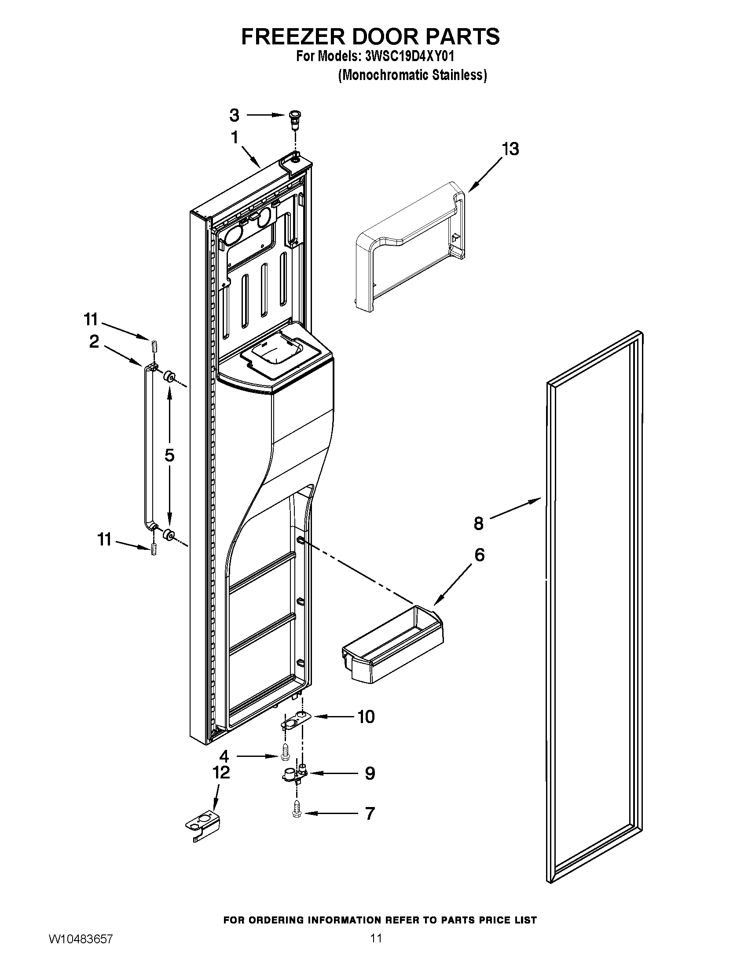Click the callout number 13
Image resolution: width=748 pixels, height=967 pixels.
[510, 149]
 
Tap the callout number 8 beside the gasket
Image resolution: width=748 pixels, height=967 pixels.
[478, 523]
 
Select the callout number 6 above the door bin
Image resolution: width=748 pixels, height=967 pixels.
[480, 555]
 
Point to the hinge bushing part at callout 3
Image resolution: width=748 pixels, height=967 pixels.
[293, 118]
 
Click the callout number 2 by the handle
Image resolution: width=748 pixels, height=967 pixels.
[94, 342]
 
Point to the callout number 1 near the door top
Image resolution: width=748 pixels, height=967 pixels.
[235, 138]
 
